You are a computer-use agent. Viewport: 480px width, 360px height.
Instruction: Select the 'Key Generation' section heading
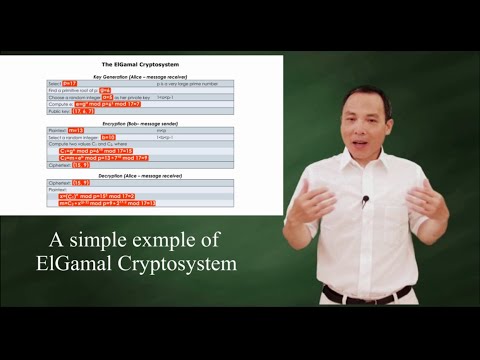point(140,76)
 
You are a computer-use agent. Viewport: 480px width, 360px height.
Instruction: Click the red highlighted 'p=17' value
point(69,83)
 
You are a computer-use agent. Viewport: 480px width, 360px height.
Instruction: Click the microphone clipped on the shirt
point(365,199)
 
